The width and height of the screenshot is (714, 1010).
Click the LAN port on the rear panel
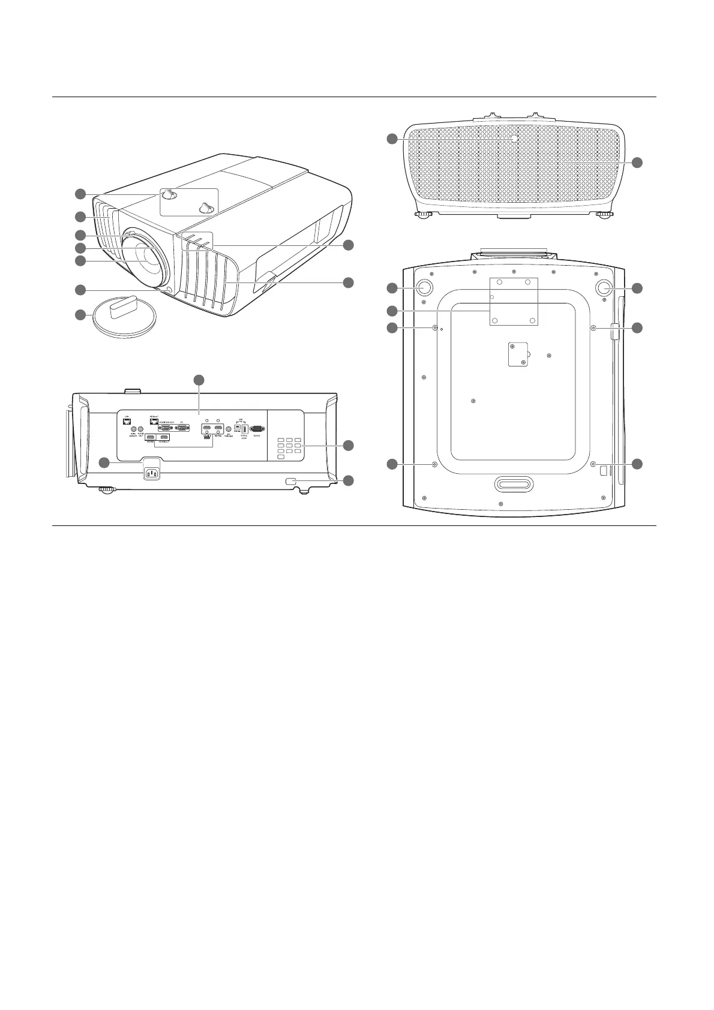[127, 422]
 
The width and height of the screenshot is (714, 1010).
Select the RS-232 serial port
[257, 429]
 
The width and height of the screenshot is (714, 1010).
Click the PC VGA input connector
[182, 428]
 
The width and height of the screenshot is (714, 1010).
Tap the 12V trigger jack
[229, 429]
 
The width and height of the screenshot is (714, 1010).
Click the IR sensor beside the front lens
[169, 291]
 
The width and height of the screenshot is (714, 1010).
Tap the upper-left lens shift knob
[170, 193]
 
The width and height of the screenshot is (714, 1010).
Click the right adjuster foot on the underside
[605, 287]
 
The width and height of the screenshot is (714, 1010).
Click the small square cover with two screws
[517, 354]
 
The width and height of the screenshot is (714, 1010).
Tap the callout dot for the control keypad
[348, 446]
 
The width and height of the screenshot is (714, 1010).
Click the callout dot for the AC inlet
[104, 462]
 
